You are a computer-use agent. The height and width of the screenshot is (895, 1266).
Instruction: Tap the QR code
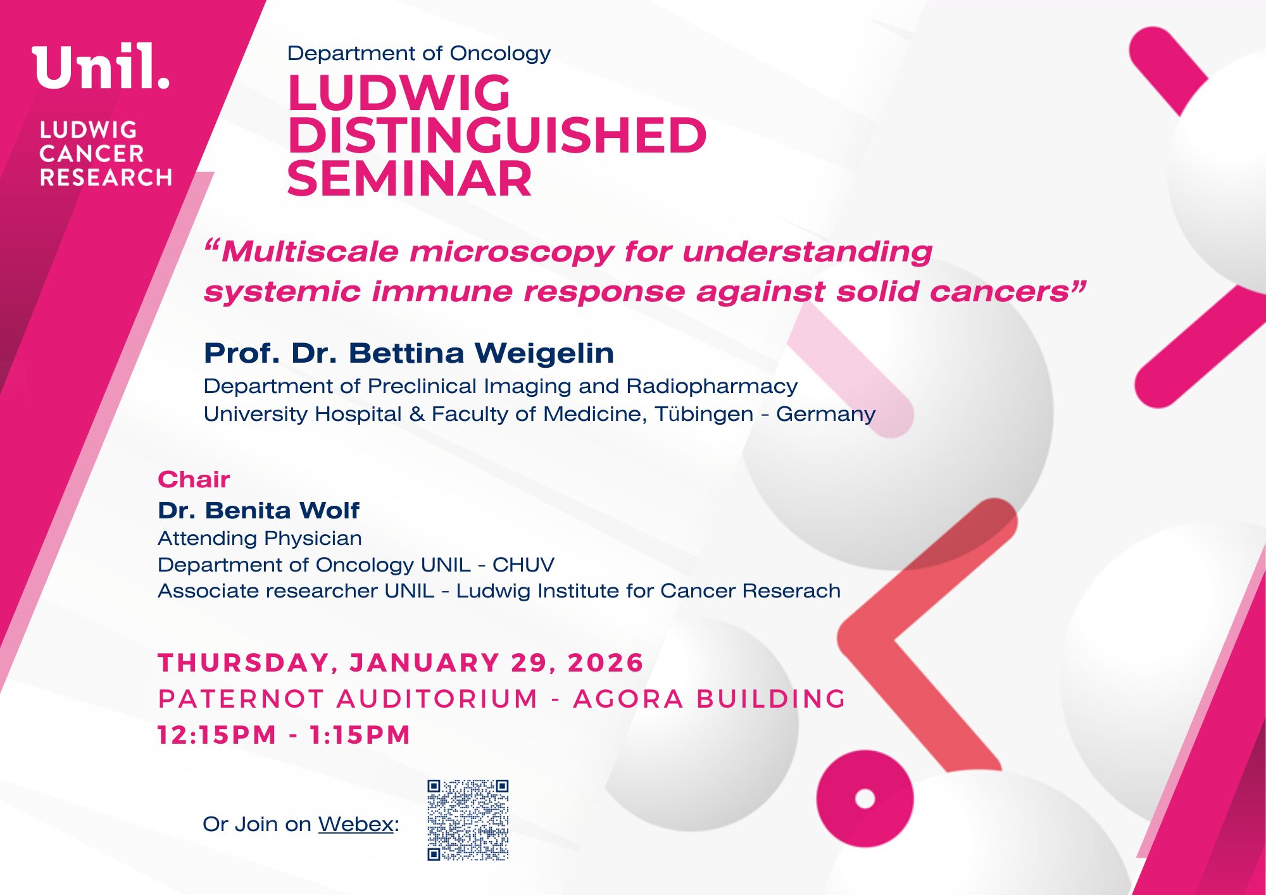(468, 820)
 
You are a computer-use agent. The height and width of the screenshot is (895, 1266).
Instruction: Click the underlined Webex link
(356, 824)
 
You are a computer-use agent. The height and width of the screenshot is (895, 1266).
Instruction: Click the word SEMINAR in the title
(410, 178)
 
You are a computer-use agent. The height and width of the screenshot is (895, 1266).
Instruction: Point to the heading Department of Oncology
(418, 54)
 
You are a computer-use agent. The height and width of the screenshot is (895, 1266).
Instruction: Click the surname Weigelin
(544, 353)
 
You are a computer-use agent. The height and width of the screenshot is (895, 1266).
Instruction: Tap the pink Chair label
(194, 480)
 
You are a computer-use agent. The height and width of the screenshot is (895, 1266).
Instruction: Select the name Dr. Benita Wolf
(258, 510)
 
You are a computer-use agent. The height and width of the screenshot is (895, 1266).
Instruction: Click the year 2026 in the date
(606, 663)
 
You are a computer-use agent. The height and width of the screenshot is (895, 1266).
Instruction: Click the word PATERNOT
(241, 699)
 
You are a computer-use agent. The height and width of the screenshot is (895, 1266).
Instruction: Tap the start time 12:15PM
(217, 735)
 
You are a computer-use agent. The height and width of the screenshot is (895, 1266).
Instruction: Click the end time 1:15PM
(360, 735)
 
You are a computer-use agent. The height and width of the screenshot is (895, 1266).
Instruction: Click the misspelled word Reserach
(792, 591)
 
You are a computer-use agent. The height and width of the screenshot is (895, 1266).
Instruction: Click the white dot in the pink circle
(865, 799)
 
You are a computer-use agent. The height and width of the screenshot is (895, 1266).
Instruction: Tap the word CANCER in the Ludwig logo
(92, 154)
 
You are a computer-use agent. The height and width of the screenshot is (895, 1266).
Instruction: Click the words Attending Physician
(260, 539)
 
